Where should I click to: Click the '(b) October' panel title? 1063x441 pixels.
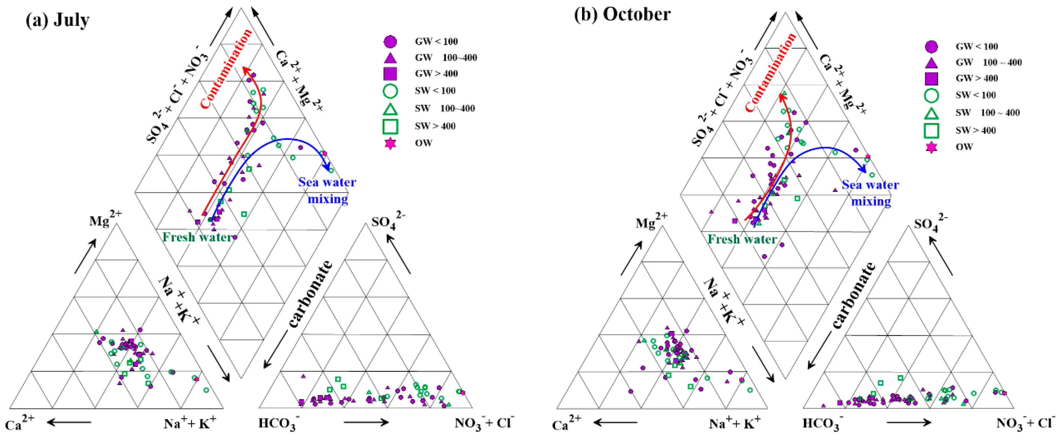point(622,14)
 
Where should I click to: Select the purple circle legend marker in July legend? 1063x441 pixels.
point(390,42)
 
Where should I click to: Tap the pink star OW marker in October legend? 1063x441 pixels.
point(931,147)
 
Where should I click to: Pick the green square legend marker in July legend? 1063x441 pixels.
point(390,126)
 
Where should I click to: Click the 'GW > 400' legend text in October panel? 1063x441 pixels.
point(976,78)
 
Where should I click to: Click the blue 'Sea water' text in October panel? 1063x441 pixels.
point(870,185)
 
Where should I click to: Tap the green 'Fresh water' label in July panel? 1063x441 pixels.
point(197,237)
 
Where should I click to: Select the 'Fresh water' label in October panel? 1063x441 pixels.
point(742,239)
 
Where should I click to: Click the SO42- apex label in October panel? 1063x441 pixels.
point(930,224)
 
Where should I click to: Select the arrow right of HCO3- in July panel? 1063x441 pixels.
point(366,422)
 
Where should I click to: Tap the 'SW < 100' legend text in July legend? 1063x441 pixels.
point(435,91)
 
